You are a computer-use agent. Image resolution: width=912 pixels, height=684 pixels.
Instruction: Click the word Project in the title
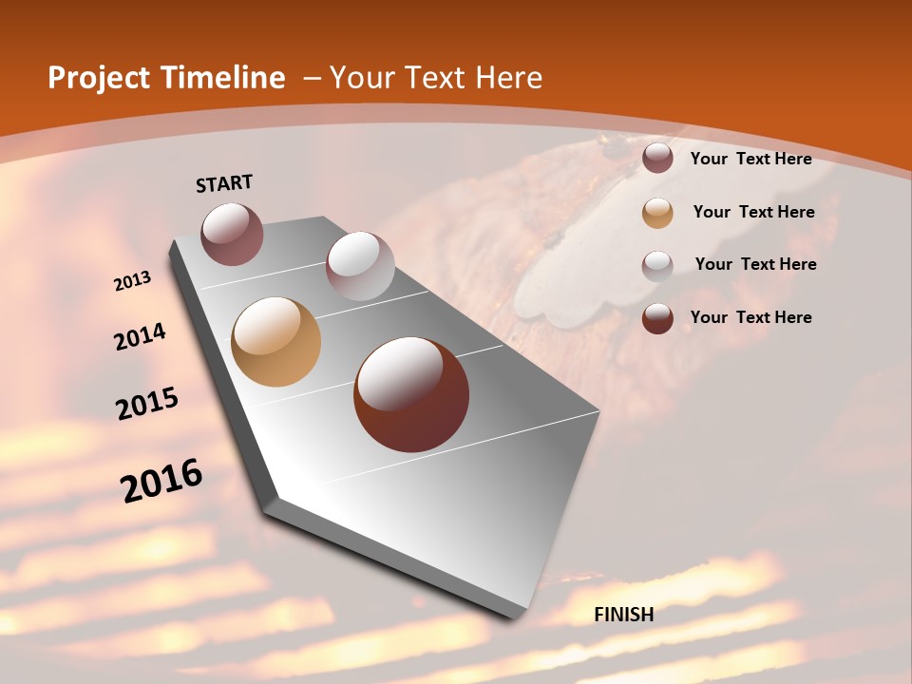(95, 78)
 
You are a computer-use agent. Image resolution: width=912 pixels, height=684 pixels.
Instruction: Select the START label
(224, 183)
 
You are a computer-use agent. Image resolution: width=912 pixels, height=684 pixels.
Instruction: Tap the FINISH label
(624, 615)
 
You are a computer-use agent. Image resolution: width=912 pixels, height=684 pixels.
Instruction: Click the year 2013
(133, 280)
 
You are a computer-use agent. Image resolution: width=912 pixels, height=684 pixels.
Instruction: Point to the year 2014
(141, 336)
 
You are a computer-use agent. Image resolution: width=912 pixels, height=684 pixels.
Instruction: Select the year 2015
(147, 403)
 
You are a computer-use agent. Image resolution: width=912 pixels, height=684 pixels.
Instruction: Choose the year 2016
(161, 481)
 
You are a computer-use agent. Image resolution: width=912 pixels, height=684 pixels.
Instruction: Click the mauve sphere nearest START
(232, 234)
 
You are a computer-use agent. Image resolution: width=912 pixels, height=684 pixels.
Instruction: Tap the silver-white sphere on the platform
(360, 266)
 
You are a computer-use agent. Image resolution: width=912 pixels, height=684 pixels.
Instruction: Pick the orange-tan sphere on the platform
(276, 342)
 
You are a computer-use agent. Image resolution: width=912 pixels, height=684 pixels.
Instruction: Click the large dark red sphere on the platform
(411, 394)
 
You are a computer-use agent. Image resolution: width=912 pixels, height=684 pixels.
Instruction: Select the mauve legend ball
(657, 159)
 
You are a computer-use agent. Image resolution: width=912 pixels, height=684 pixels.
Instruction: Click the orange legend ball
(657, 213)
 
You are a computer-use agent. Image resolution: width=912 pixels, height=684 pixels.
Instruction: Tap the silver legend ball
(657, 265)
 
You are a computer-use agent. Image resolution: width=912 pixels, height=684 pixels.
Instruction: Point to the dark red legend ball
(657, 318)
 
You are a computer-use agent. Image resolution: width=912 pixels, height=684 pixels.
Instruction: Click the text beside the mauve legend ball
(751, 159)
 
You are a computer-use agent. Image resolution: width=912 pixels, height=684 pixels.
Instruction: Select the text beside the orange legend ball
(754, 212)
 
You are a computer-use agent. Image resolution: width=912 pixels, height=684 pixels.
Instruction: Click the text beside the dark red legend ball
(751, 317)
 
